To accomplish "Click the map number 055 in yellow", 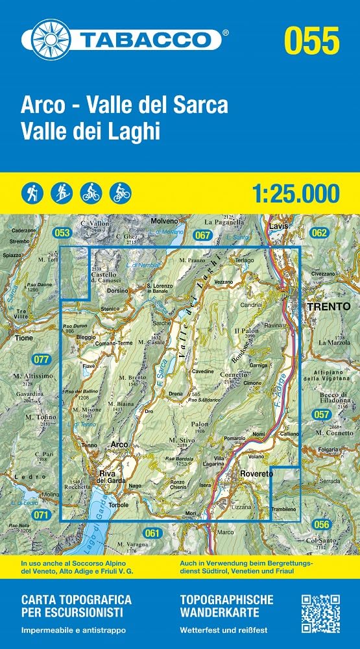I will coord(311,40).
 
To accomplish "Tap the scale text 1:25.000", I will coord(294,193).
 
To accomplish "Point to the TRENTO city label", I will coord(326,305).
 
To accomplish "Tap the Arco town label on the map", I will coord(119,444).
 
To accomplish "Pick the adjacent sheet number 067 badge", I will coord(203,234).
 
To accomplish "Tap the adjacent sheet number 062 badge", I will coord(319,232).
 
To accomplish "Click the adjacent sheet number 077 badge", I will coord(42,359).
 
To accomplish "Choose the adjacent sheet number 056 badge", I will coord(320,524).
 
